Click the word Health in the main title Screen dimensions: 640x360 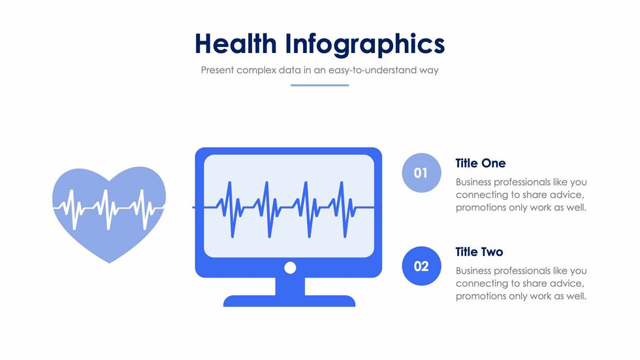pyautogui.click(x=236, y=43)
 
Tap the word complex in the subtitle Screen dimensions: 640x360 pyautogui.click(x=256, y=70)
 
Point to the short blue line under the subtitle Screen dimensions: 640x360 pyautogui.click(x=319, y=86)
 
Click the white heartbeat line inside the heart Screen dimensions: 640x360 pyautogui.click(x=109, y=208)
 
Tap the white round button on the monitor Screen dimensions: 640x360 pyautogui.click(x=290, y=268)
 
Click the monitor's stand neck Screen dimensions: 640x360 pyautogui.click(x=290, y=286)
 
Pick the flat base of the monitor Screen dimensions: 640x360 pyautogui.click(x=289, y=301)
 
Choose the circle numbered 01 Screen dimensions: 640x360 pyautogui.click(x=422, y=172)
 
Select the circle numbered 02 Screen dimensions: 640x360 pyautogui.click(x=422, y=266)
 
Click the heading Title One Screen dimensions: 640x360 pyautogui.click(x=481, y=163)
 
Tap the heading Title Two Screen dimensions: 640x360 pyautogui.click(x=479, y=252)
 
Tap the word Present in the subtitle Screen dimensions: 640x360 pyautogui.click(x=217, y=70)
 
